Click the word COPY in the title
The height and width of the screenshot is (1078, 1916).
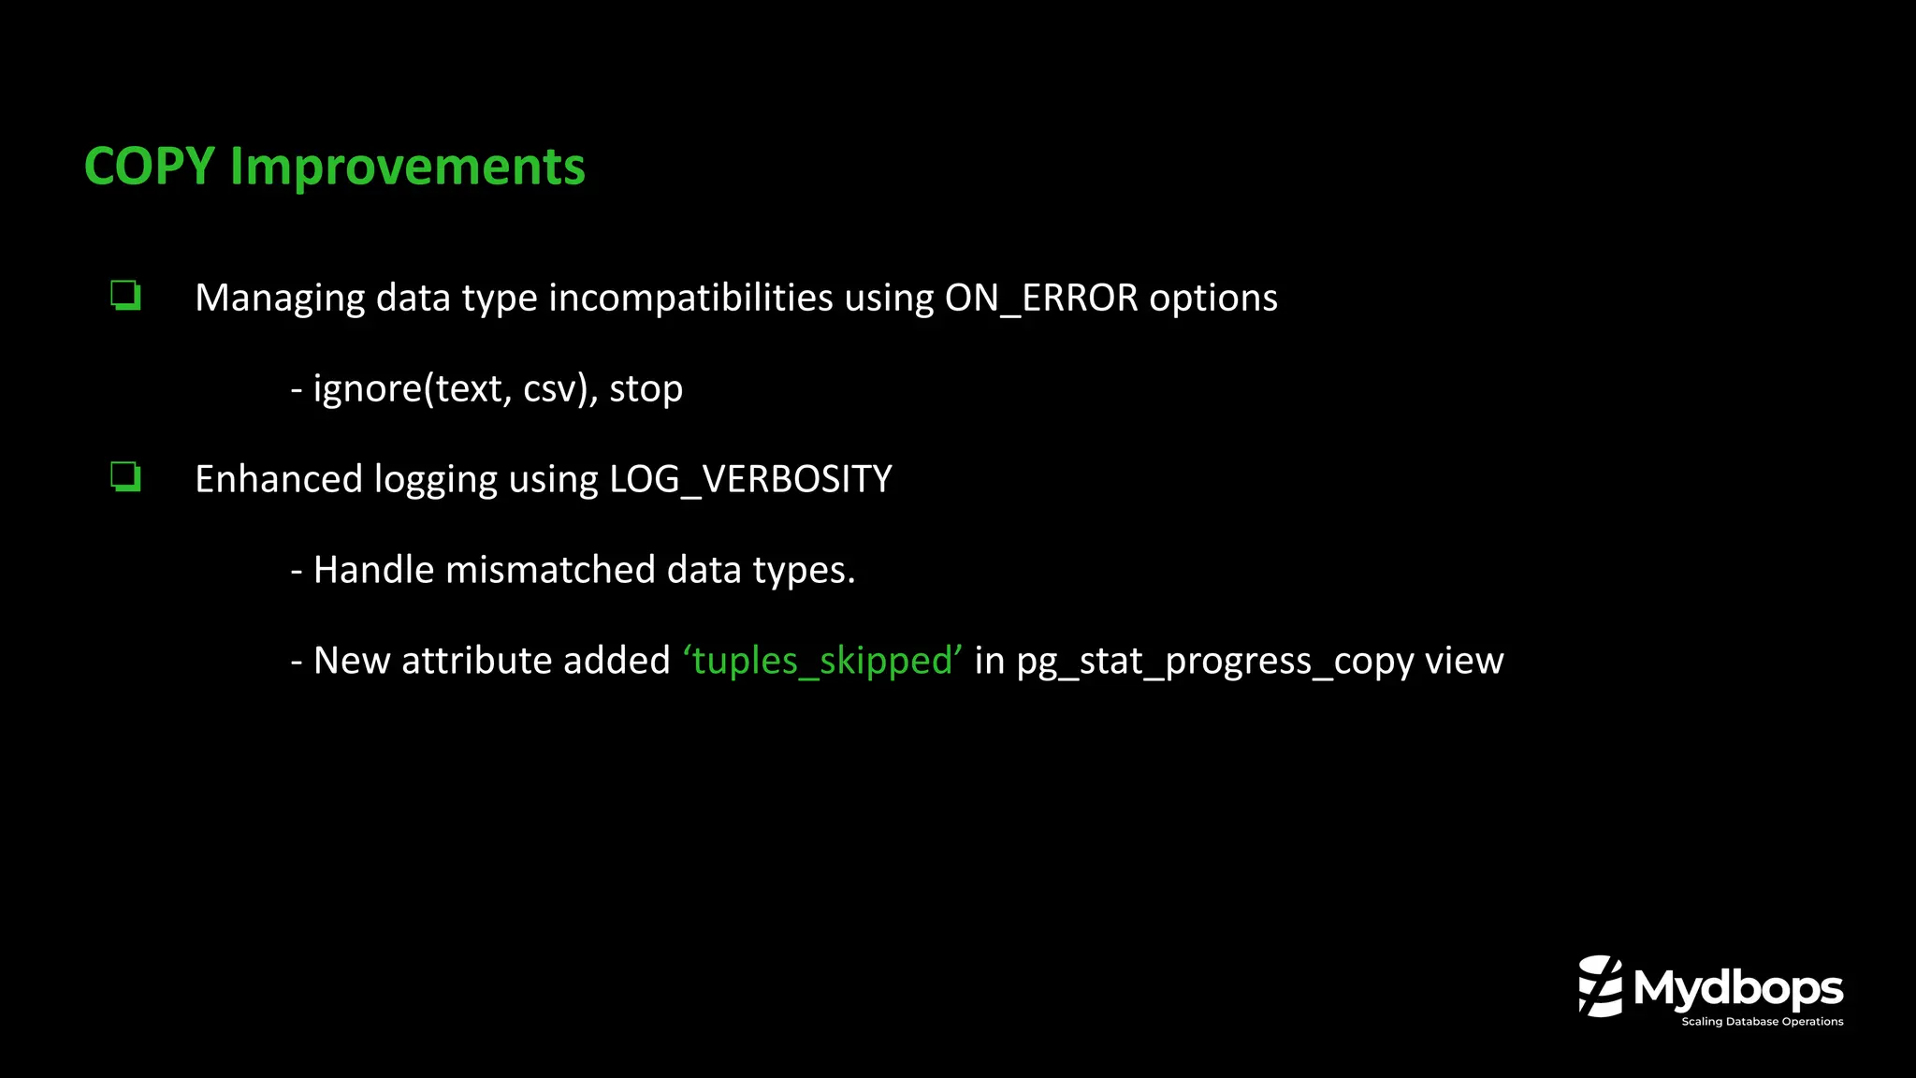coord(150,167)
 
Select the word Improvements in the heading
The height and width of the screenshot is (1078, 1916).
coord(407,167)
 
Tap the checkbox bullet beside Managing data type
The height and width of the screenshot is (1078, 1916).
coord(125,296)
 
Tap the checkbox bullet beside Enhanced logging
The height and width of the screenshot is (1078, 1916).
coord(125,477)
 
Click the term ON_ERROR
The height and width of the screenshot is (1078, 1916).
coord(1041,298)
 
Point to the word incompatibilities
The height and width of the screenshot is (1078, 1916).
coord(690,298)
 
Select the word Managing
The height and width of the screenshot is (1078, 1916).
coord(280,298)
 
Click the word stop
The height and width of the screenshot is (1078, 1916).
coord(646,388)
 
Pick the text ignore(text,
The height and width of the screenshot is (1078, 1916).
coord(413,388)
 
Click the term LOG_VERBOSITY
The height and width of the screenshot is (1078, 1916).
coord(750,479)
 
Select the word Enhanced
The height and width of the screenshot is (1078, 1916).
coord(279,479)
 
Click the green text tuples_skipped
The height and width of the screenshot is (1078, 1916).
coord(822,661)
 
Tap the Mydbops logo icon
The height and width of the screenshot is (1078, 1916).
coord(1600,986)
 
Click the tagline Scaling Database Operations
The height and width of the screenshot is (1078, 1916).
coord(1762,1022)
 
